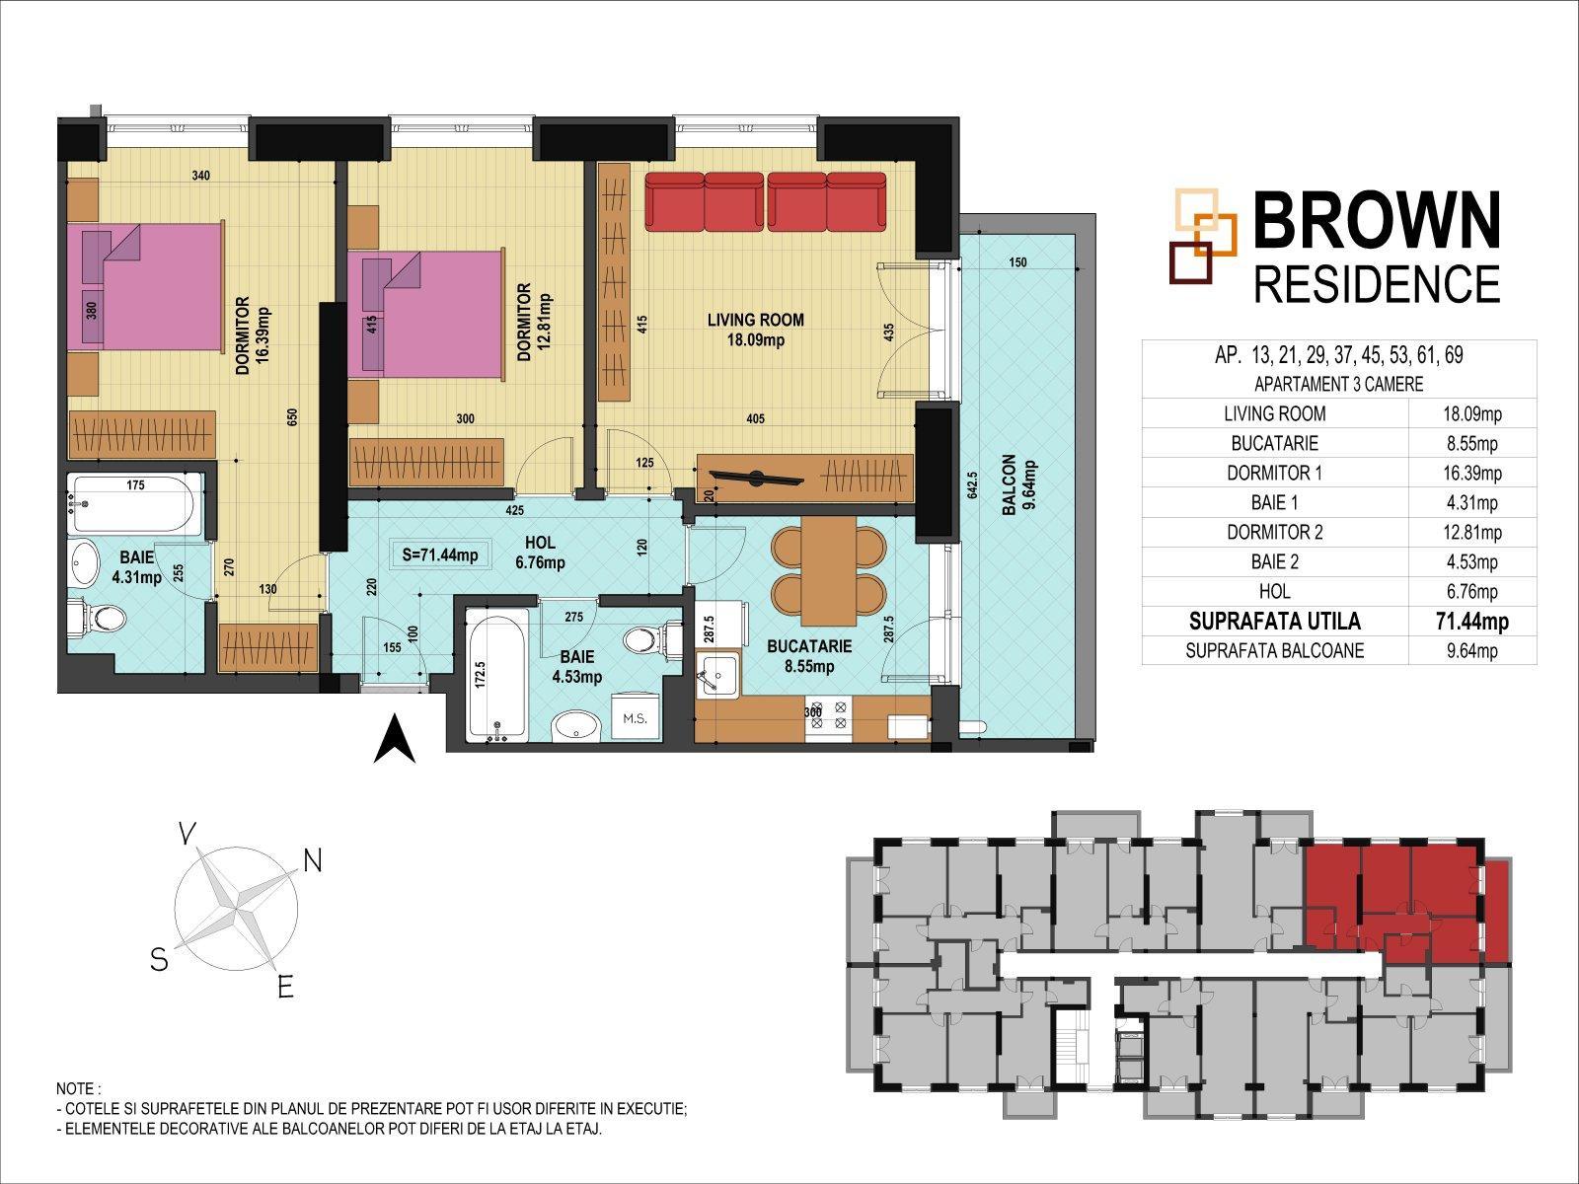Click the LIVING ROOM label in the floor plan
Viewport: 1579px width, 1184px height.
point(755,320)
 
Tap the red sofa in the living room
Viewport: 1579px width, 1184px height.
point(766,202)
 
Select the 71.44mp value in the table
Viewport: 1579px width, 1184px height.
point(1471,622)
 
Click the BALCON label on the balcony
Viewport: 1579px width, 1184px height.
point(1009,484)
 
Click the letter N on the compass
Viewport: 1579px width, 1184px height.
point(313,860)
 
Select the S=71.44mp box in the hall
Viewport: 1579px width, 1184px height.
point(440,555)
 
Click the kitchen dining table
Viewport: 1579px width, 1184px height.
point(828,571)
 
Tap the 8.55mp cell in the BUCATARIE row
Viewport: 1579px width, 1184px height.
point(1471,444)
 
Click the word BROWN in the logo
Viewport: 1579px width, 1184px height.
point(1376,221)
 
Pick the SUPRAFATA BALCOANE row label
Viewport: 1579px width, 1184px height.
point(1275,650)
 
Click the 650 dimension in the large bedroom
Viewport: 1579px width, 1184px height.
point(292,417)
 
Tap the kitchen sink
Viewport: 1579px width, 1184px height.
point(716,676)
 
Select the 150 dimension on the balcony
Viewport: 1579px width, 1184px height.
point(1017,262)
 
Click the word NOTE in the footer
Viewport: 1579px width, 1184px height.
point(76,1088)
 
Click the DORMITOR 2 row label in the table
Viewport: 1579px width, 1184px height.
point(1275,533)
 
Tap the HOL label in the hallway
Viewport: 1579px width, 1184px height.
point(540,543)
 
